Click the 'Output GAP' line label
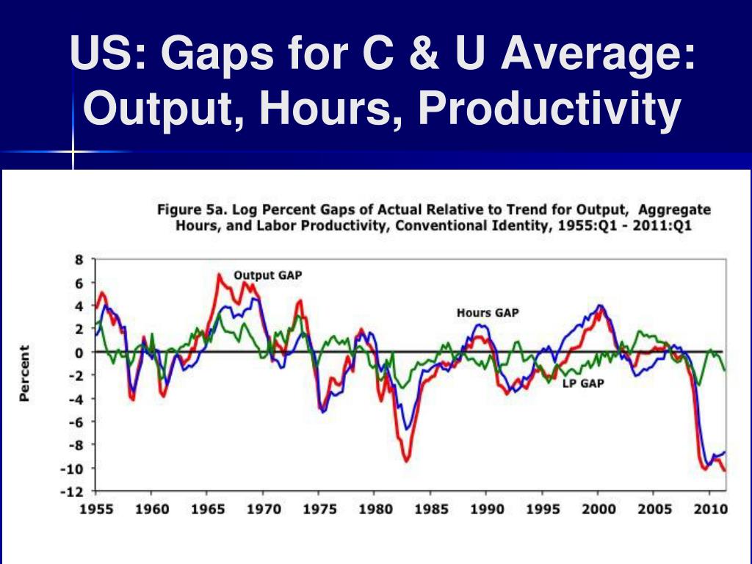[x=267, y=275]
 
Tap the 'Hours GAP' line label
[x=488, y=312]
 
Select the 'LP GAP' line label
[x=583, y=383]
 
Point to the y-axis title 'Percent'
[x=25, y=373]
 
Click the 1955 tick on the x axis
[x=96, y=509]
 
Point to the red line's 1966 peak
[x=219, y=275]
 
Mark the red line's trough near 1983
[x=406, y=460]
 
